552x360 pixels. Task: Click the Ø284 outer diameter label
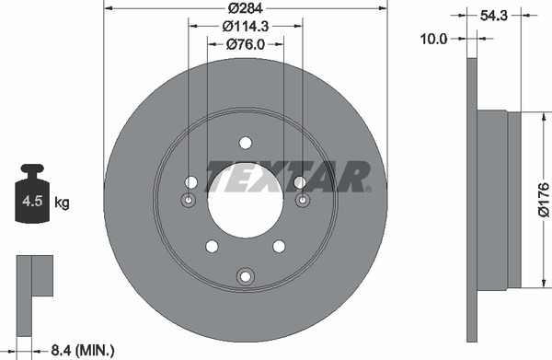245,7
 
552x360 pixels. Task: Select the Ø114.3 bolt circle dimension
246,26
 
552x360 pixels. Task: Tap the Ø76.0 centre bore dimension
246,44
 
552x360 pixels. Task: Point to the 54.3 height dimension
493,16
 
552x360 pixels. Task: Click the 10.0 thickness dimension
433,39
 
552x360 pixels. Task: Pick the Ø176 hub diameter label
544,200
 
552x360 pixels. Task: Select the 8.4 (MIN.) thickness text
83,350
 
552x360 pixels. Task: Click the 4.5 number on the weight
32,201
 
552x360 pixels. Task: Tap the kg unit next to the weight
62,203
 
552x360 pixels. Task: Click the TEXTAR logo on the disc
287,177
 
